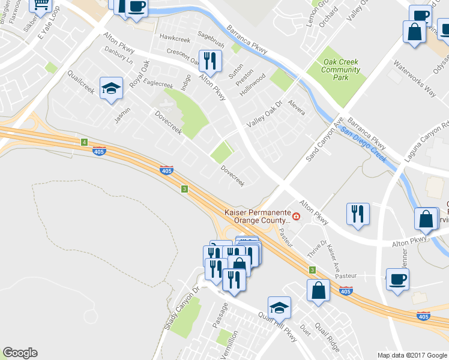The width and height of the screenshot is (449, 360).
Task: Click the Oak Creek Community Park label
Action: (341, 70)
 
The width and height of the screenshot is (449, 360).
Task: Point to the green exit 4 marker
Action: (84, 142)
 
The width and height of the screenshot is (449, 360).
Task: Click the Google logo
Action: (20, 353)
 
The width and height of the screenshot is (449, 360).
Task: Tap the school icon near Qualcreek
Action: (111, 89)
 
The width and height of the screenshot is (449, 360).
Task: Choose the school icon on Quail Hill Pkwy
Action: (279, 307)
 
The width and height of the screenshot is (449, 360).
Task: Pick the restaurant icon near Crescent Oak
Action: (210, 60)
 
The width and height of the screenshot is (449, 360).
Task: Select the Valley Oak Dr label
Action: (265, 116)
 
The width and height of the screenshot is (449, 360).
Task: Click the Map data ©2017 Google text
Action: (411, 355)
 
